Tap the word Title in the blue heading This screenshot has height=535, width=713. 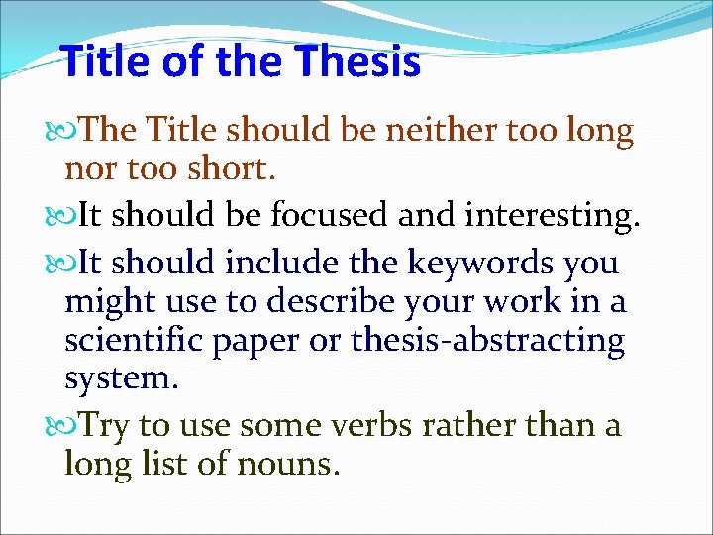pos(100,62)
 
